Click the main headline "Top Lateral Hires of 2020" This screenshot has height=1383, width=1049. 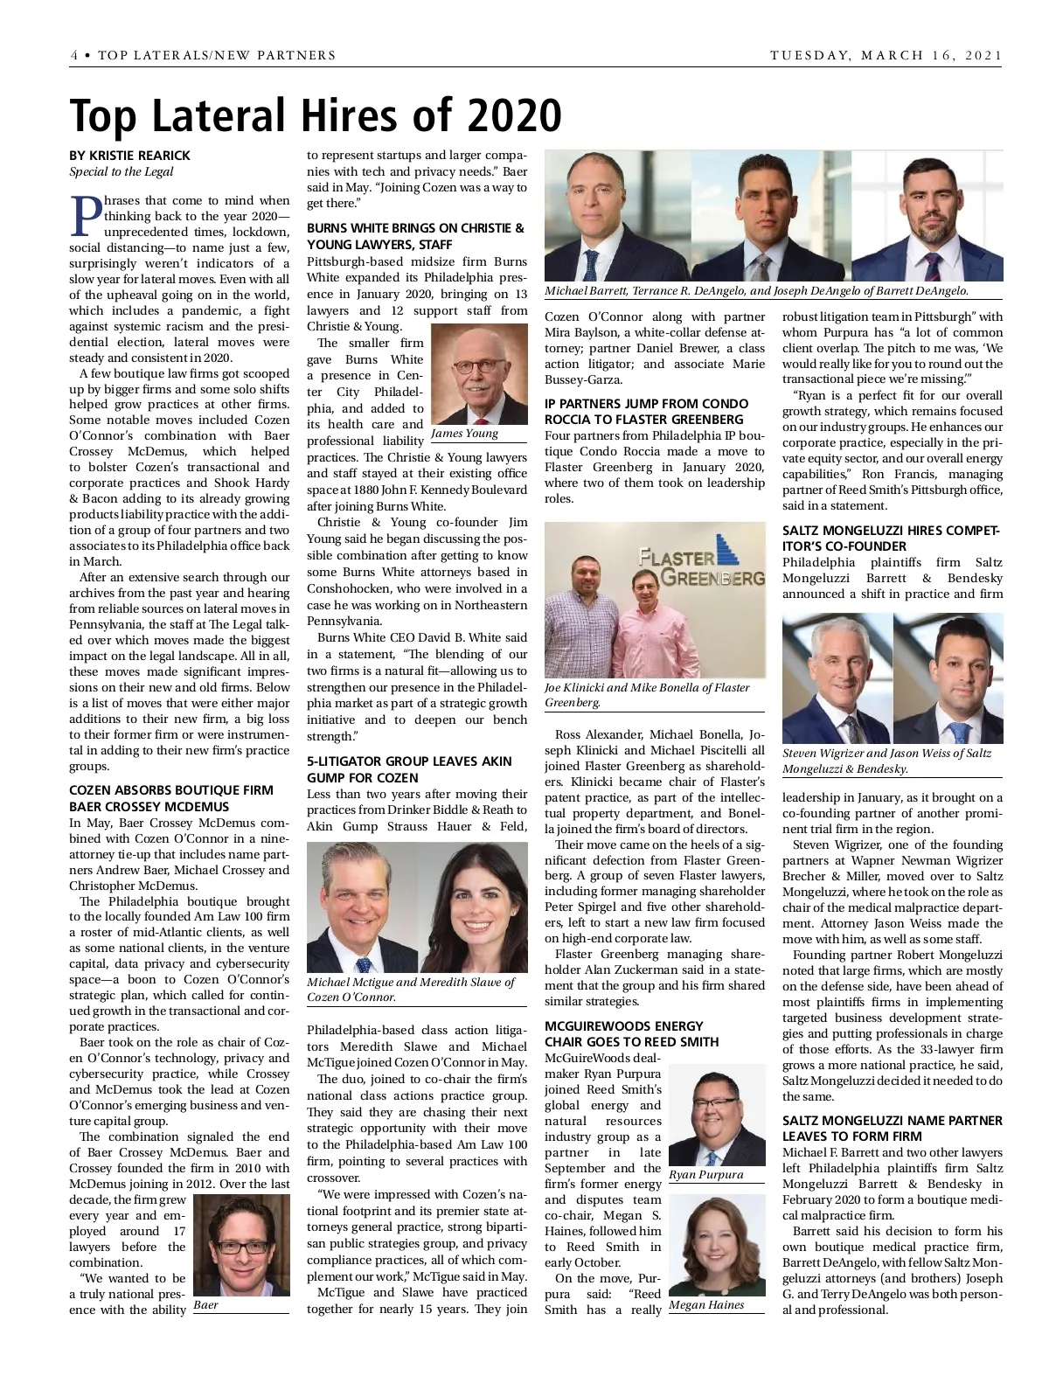pyautogui.click(x=315, y=115)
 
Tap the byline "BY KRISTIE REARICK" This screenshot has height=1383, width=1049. pyautogui.click(x=129, y=156)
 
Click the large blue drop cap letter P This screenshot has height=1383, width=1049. pyautogui.click(x=86, y=216)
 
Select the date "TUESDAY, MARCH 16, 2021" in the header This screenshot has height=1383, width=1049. pyautogui.click(x=886, y=55)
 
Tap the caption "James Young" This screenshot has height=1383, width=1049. pyautogui.click(x=464, y=434)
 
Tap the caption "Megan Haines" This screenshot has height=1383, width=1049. pyautogui.click(x=706, y=1305)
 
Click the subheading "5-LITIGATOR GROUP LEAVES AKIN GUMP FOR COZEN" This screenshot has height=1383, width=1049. pyautogui.click(x=409, y=769)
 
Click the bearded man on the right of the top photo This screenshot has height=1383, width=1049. pyautogui.click(x=927, y=219)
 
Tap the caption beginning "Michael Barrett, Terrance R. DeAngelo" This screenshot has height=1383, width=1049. pyautogui.click(x=756, y=291)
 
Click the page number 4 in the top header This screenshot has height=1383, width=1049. pyautogui.click(x=74, y=55)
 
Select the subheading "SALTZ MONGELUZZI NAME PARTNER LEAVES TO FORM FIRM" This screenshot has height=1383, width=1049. pyautogui.click(x=892, y=1128)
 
